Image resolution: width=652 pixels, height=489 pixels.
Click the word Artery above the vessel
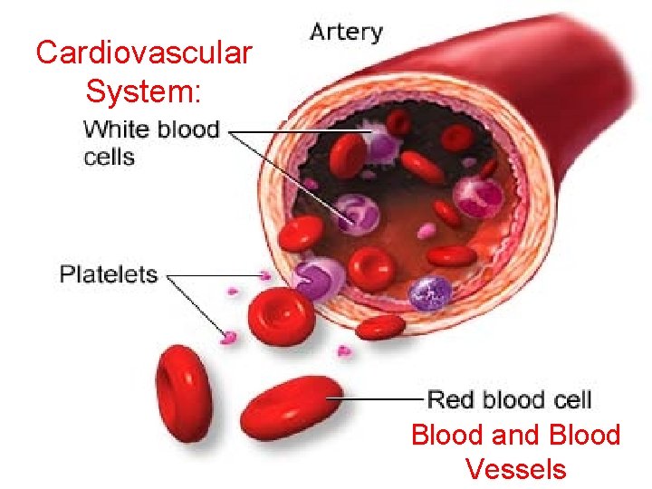pyautogui.click(x=346, y=33)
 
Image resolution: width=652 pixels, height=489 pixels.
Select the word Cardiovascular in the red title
pyautogui.click(x=143, y=53)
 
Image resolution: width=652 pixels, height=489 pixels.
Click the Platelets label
pyautogui.click(x=109, y=273)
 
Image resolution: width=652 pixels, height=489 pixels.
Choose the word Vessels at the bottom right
pyautogui.click(x=515, y=469)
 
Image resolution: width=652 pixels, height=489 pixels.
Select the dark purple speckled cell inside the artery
pyautogui.click(x=429, y=292)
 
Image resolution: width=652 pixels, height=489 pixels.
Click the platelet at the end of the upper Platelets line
pyautogui.click(x=264, y=273)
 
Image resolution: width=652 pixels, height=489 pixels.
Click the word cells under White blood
pyautogui.click(x=109, y=157)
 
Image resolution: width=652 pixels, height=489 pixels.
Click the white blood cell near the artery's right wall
pyautogui.click(x=476, y=194)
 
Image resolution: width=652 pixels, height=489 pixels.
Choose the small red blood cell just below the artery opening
pyautogui.click(x=380, y=327)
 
